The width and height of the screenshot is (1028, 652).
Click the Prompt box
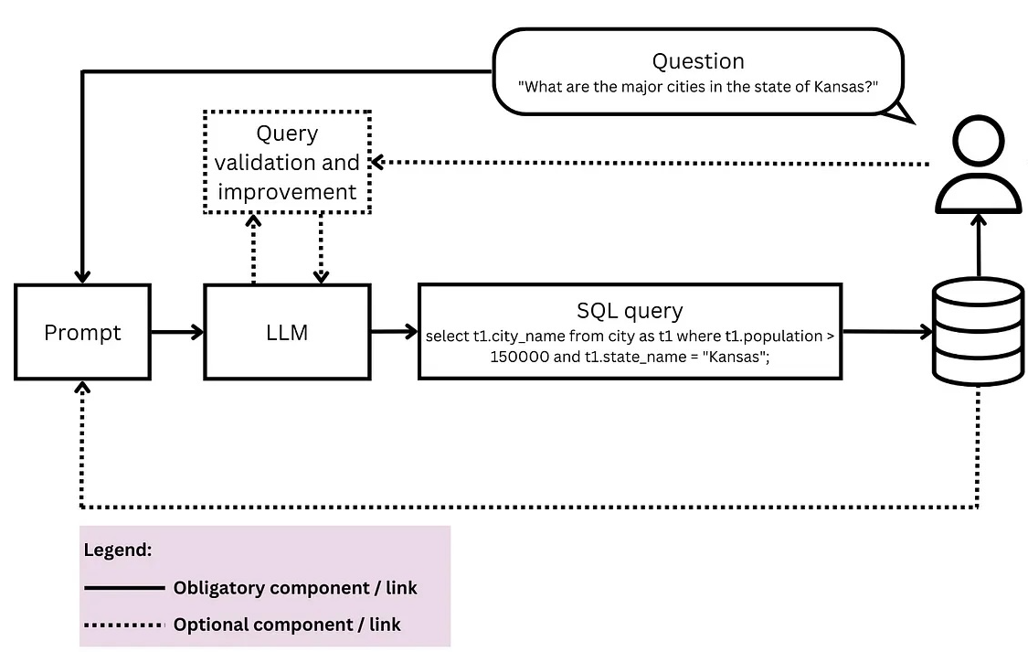pos(82,331)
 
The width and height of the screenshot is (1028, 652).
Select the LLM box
pos(287,331)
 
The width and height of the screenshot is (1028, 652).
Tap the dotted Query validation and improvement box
pos(287,162)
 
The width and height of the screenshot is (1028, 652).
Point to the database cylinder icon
pos(978,331)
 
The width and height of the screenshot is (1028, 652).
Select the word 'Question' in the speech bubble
pos(697,61)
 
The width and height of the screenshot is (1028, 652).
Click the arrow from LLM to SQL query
pos(394,331)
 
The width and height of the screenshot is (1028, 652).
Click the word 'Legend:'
pos(117,550)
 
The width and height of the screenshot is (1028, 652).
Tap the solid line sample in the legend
pos(123,588)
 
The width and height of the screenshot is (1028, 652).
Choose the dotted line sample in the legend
pos(123,625)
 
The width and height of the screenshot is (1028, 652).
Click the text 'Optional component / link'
pos(287,625)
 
